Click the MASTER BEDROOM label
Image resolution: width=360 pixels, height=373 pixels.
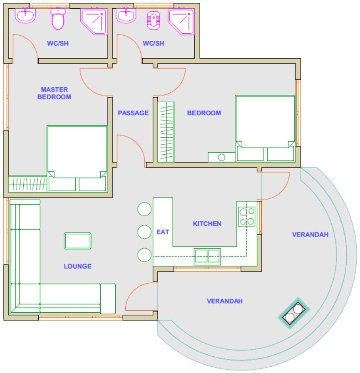(x=54, y=93)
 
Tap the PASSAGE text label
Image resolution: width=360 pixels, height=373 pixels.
(x=133, y=113)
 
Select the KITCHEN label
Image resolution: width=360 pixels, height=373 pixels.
(x=207, y=224)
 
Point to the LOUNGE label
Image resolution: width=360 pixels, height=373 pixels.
(x=78, y=266)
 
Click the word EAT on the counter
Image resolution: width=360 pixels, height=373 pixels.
(x=163, y=232)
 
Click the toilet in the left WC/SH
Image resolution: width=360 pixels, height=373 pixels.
(x=58, y=19)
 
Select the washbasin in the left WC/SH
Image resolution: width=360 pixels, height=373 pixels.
(x=25, y=15)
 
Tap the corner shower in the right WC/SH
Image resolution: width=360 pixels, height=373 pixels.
(x=182, y=21)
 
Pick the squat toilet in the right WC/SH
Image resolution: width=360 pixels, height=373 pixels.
(x=154, y=20)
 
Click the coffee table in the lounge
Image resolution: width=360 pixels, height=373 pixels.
(x=78, y=241)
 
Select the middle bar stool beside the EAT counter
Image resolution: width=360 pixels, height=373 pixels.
(x=144, y=232)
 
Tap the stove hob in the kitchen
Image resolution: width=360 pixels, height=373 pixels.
(x=247, y=216)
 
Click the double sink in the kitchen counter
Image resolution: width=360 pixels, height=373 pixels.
(x=207, y=257)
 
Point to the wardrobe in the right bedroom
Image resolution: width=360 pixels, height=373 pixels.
(x=166, y=132)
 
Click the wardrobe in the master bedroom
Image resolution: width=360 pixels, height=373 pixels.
(x=27, y=184)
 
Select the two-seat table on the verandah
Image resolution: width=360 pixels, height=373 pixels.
(x=294, y=313)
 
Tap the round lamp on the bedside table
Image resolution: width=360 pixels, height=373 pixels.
(x=222, y=157)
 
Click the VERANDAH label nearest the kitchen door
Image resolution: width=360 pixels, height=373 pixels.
(x=310, y=235)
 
